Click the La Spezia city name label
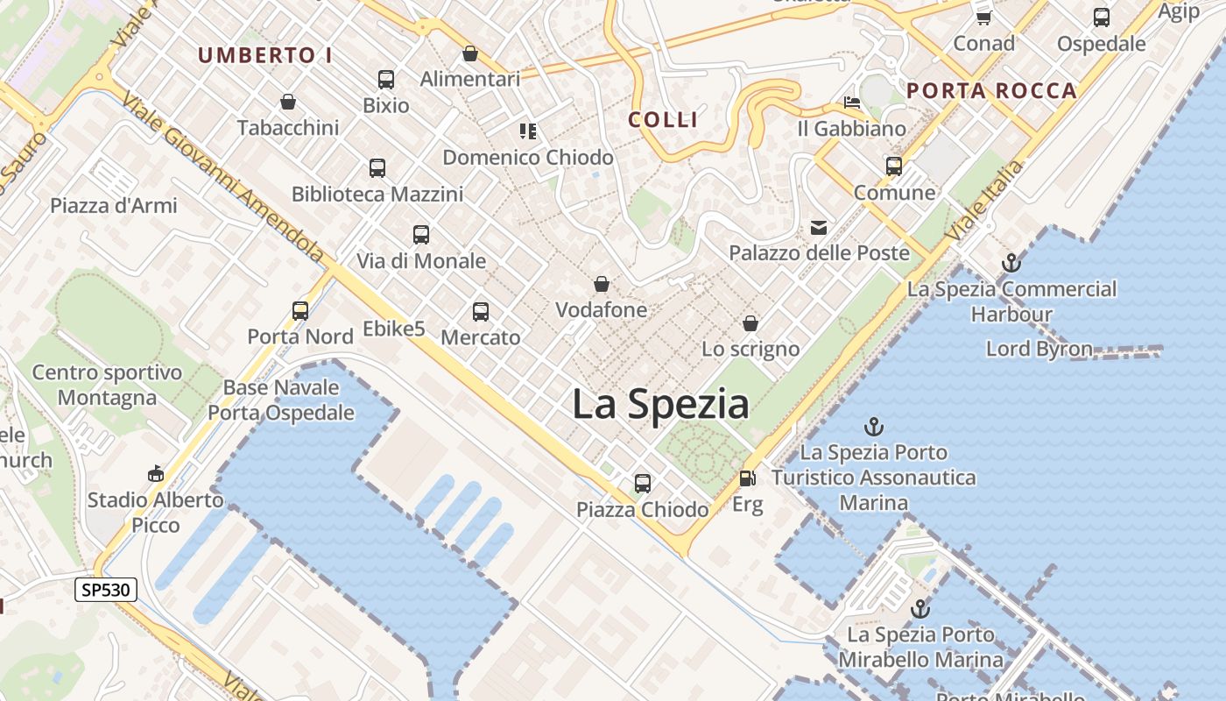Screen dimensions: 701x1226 click(660, 405)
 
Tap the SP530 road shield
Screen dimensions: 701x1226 click(106, 590)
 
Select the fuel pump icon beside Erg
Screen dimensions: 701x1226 click(747, 478)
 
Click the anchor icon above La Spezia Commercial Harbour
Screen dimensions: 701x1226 click(1011, 262)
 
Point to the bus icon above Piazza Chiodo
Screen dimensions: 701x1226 click(643, 483)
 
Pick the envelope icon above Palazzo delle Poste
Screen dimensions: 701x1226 click(819, 228)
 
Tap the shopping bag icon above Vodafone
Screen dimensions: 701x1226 click(602, 284)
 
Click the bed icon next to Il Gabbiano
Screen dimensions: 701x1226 click(851, 103)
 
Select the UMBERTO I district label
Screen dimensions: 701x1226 click(264, 55)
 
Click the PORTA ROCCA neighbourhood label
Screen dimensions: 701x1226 click(991, 90)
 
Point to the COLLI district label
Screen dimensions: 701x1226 click(664, 119)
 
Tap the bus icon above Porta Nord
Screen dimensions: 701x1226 click(300, 310)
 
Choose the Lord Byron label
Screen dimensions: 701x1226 click(1039, 349)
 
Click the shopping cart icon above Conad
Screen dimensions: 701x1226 click(983, 18)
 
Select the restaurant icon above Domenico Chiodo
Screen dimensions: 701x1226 click(527, 131)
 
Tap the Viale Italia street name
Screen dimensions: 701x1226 click(985, 201)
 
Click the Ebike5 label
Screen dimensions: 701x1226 click(394, 329)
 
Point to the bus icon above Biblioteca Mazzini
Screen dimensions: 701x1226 click(377, 167)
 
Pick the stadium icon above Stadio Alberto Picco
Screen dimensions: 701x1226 click(156, 474)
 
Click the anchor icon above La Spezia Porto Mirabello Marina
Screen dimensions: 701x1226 click(920, 609)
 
